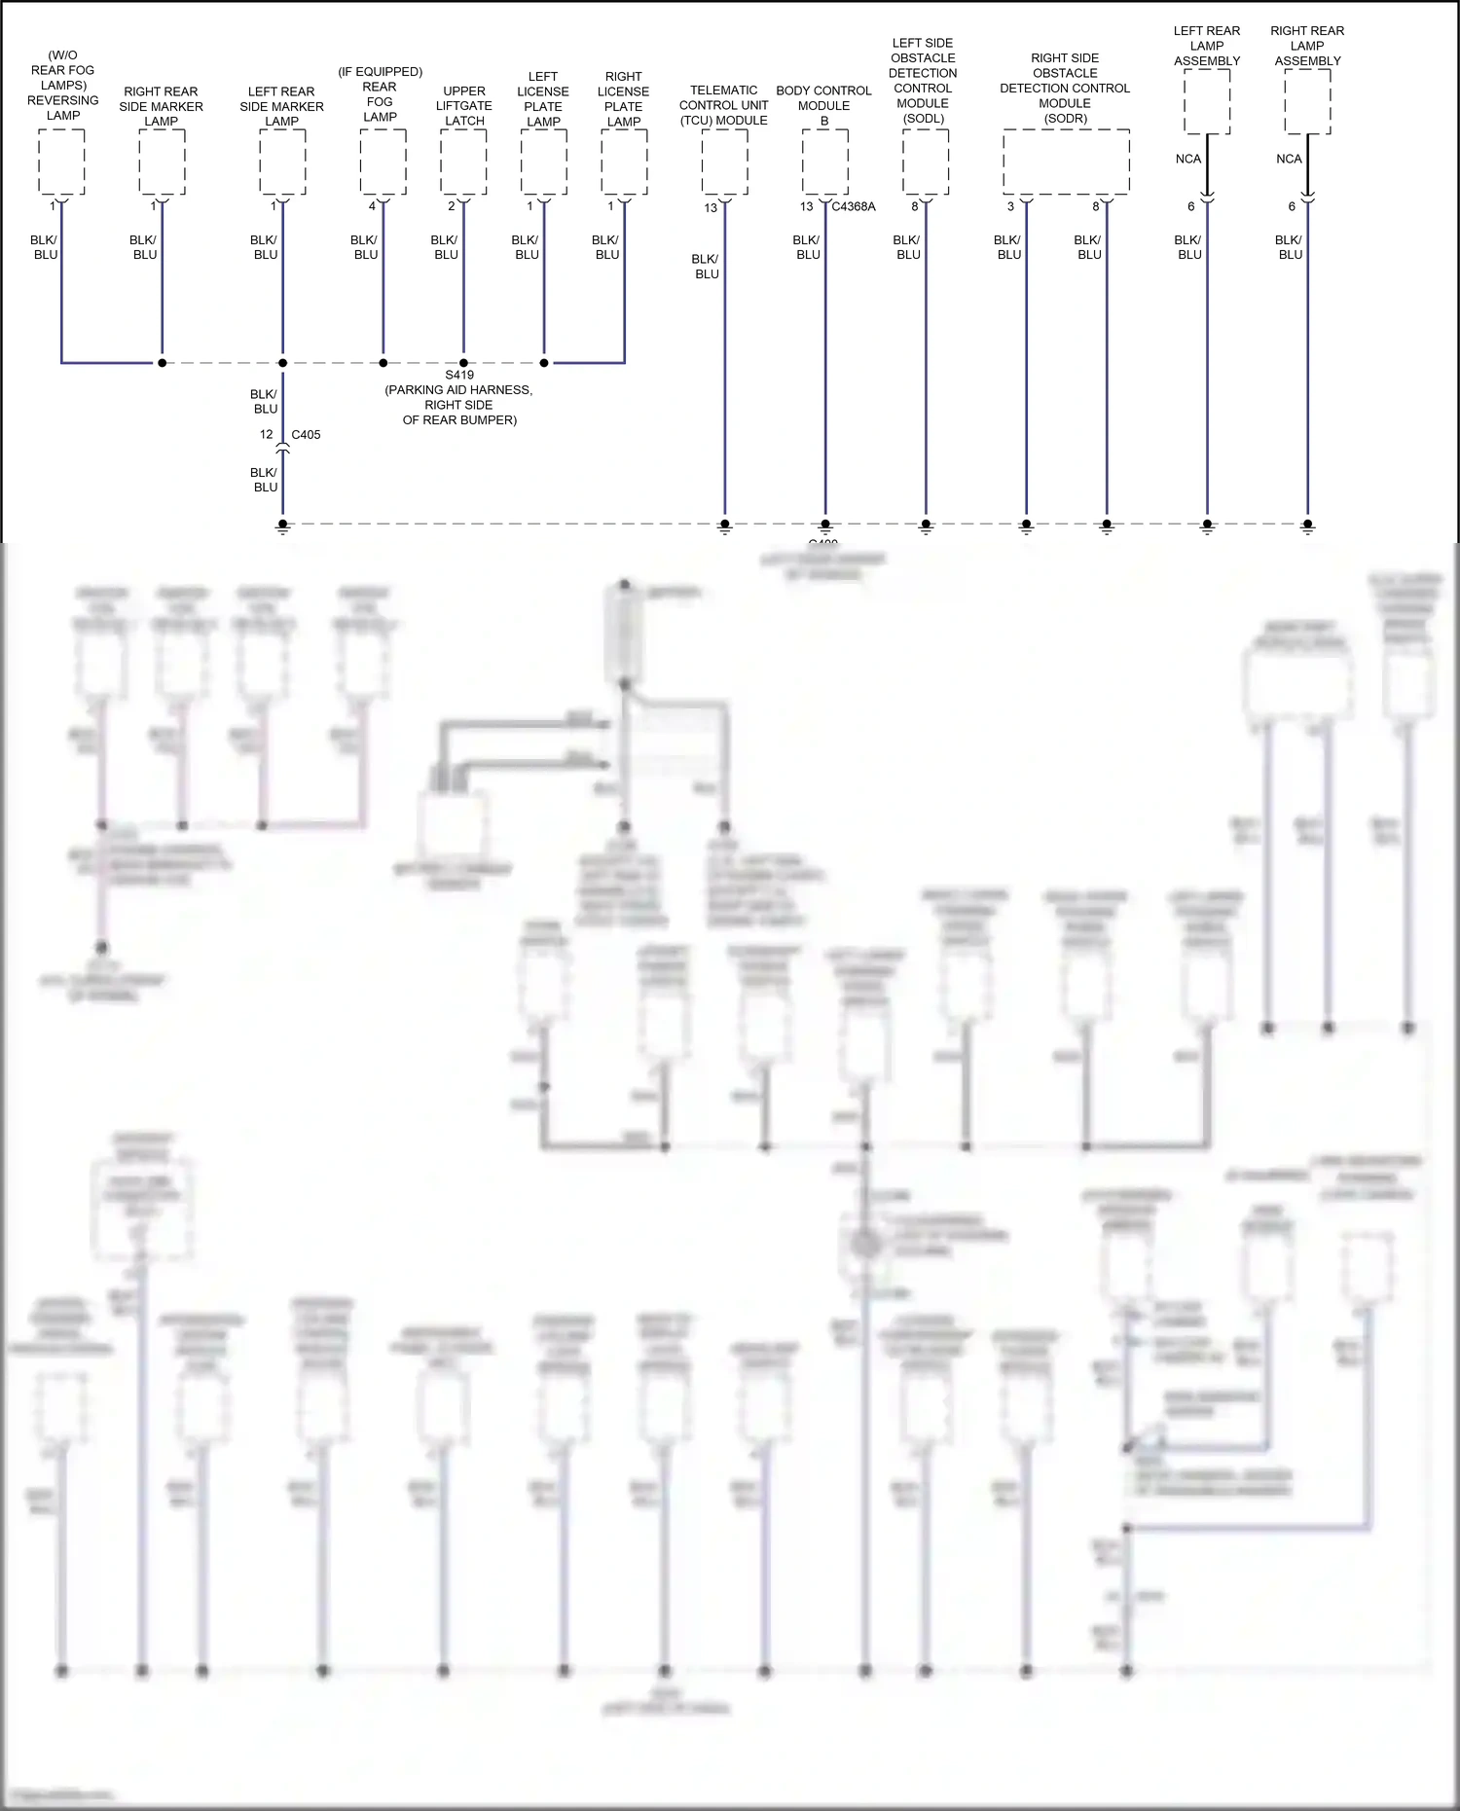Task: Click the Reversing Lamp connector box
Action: [61, 162]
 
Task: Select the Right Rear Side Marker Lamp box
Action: [162, 162]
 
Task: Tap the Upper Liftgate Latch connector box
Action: [463, 162]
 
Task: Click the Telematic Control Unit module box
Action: [724, 162]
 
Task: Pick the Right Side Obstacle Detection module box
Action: [1066, 162]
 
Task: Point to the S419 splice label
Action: [459, 376]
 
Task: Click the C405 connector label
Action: [306, 435]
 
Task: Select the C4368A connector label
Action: [854, 207]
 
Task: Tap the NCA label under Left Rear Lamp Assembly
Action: [1188, 160]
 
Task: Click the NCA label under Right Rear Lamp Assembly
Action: [1289, 160]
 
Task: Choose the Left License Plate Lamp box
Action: [544, 162]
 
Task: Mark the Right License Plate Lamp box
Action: [624, 162]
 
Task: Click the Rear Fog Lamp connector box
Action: [383, 162]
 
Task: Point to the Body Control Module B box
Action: [825, 162]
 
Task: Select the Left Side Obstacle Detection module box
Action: [926, 162]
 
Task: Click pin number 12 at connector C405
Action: [267, 435]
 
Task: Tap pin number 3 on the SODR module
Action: [1010, 207]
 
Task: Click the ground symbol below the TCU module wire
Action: [724, 526]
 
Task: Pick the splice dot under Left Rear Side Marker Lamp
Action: [283, 363]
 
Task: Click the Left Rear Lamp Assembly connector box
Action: [1207, 101]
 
